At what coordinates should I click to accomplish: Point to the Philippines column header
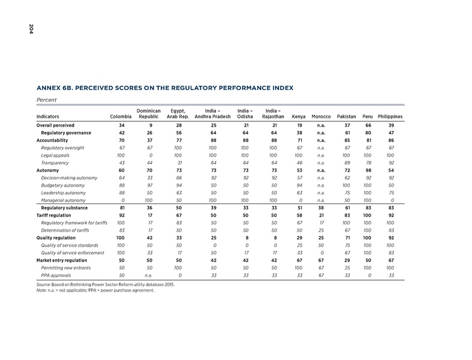(390, 116)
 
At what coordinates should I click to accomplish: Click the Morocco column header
(321, 116)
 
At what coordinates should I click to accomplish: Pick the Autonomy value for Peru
(368, 170)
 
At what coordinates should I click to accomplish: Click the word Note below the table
(43, 291)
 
